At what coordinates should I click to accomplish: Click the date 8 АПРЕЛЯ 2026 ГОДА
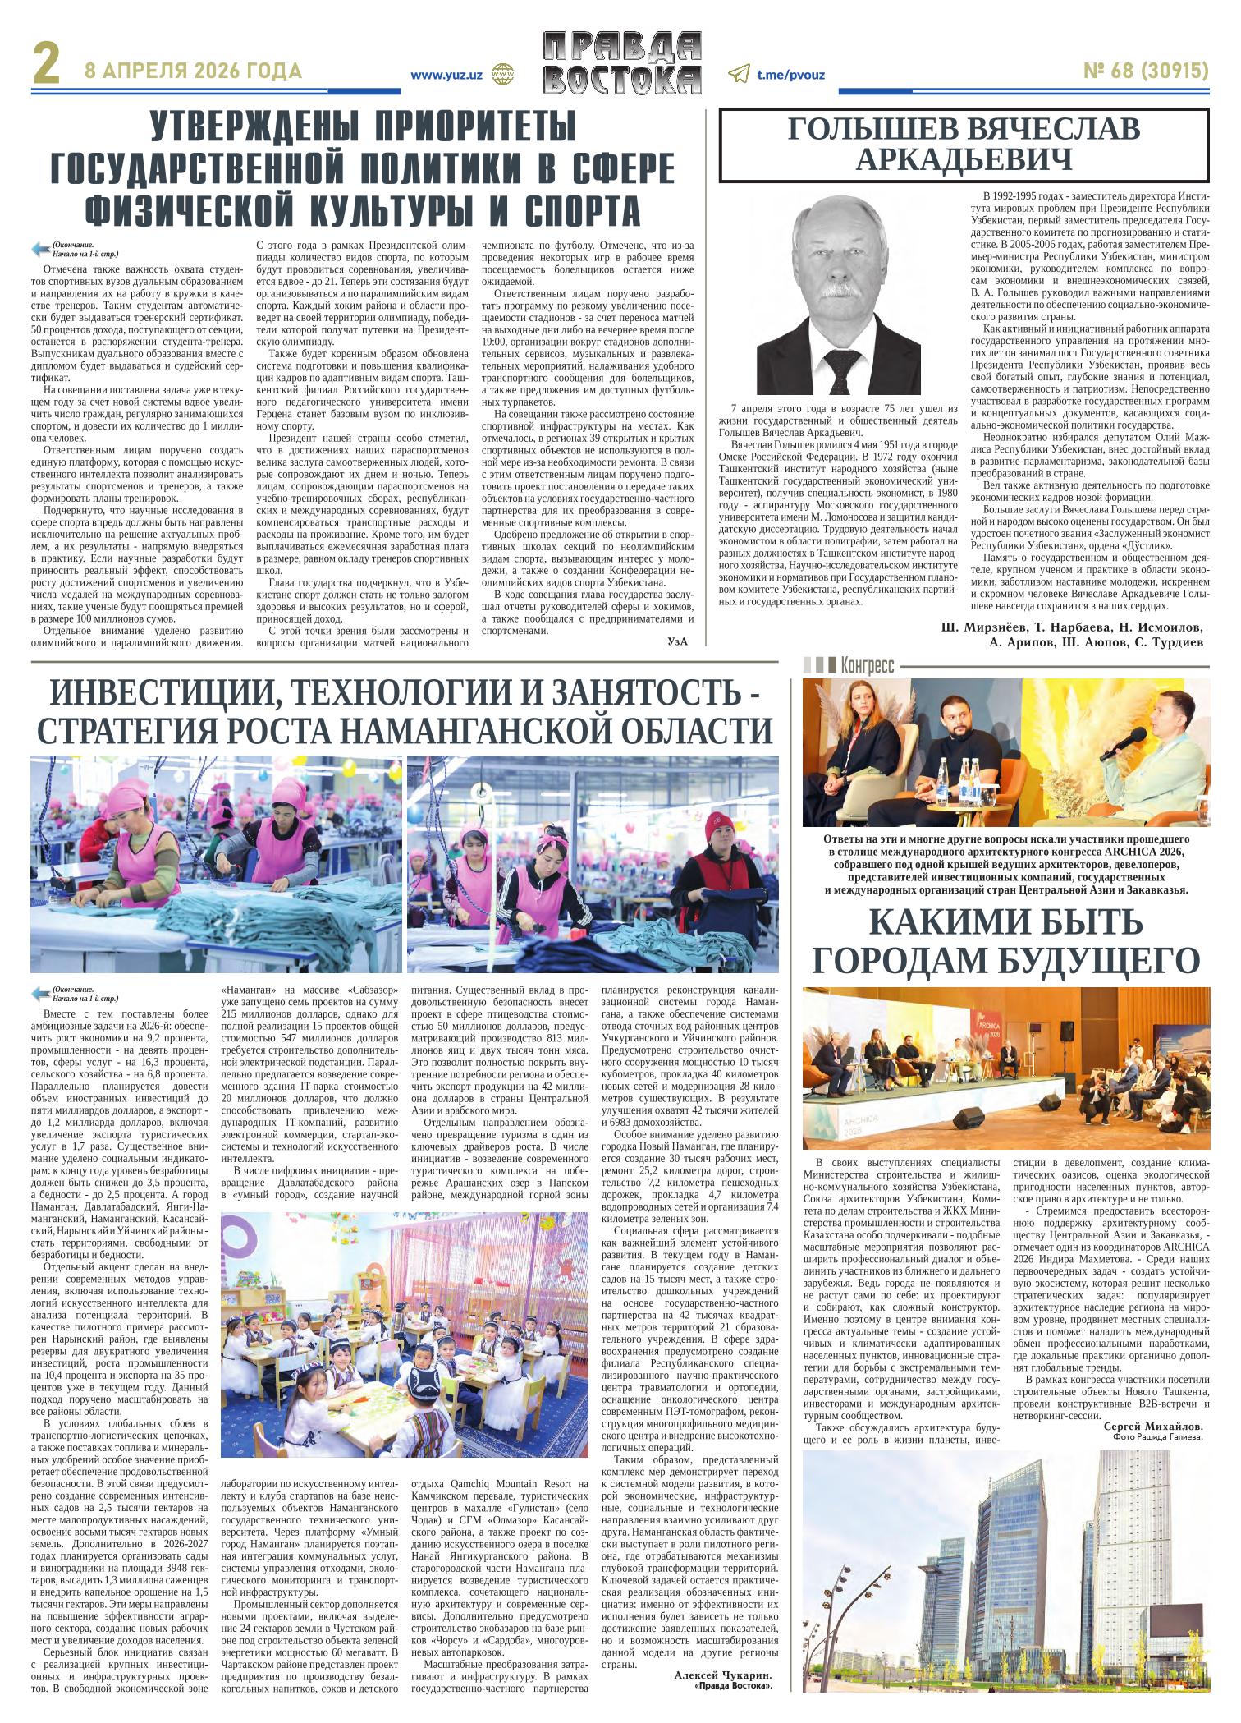tap(194, 71)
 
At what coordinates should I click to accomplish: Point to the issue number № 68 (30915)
tap(1146, 71)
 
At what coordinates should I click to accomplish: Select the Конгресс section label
tap(867, 665)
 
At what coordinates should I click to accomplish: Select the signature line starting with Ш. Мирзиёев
tap(1072, 628)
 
